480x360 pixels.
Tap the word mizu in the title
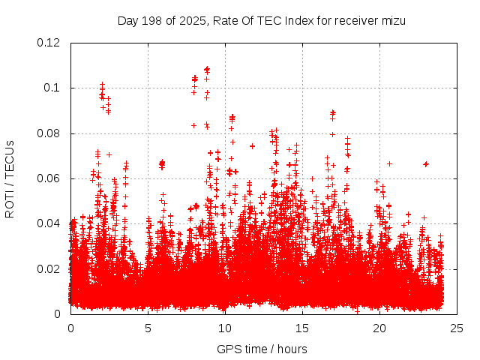(x=393, y=20)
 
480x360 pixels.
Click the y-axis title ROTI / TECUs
(x=10, y=178)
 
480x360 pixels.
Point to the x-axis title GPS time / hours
(x=262, y=349)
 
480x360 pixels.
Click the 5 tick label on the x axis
(x=148, y=328)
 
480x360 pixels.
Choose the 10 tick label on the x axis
(x=225, y=328)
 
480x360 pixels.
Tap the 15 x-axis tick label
(x=302, y=328)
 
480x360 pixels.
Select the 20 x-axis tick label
(x=379, y=328)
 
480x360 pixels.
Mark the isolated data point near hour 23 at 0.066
(x=426, y=163)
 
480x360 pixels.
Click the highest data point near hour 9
(x=207, y=69)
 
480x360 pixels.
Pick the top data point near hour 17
(x=332, y=112)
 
